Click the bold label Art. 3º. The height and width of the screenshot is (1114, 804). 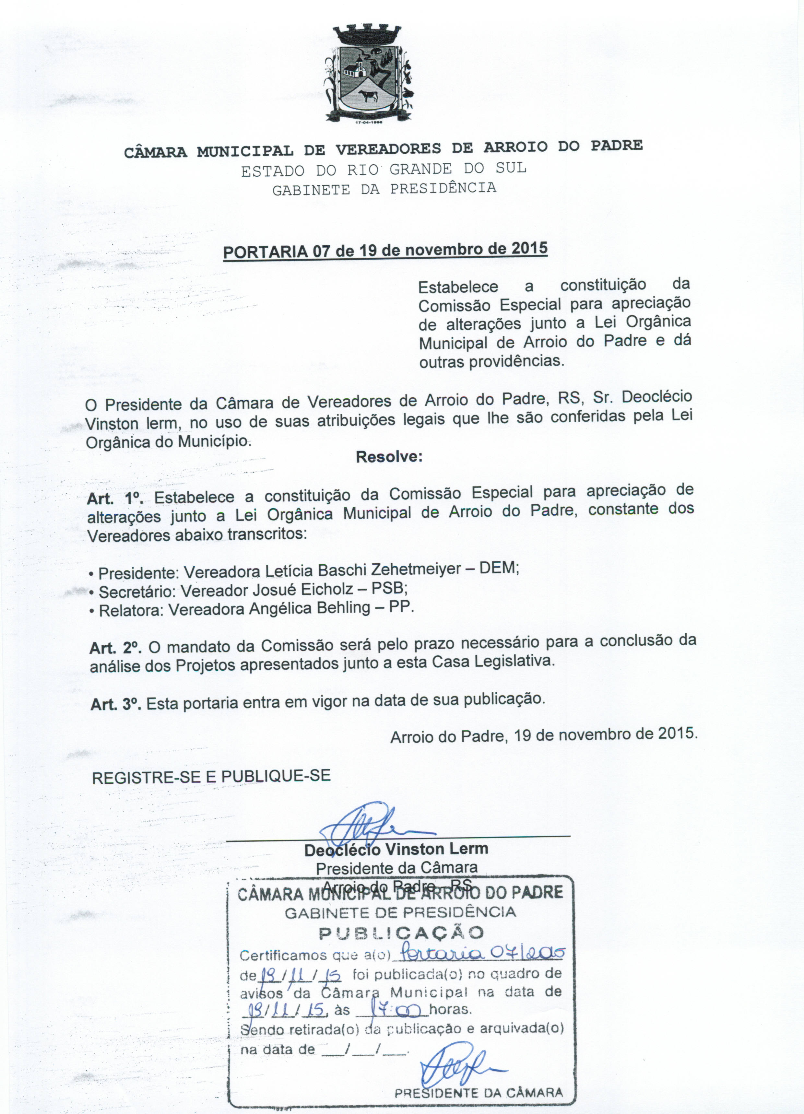(x=116, y=705)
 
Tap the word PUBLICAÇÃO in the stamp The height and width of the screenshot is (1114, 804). (x=401, y=932)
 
